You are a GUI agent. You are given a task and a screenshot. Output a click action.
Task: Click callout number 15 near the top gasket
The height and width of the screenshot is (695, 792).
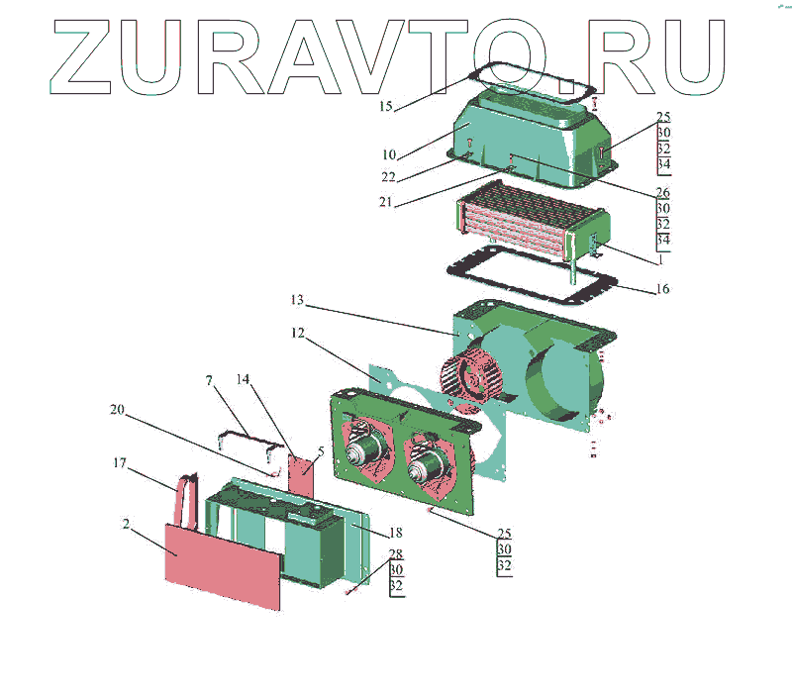pos(386,104)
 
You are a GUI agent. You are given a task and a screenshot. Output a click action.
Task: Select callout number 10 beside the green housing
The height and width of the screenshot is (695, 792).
pos(388,154)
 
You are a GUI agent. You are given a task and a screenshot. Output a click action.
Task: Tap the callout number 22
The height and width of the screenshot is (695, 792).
pos(388,176)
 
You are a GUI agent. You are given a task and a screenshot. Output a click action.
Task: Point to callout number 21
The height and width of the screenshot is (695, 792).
pos(388,203)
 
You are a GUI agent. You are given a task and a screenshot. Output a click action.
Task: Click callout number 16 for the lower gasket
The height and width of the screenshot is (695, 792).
pos(663,289)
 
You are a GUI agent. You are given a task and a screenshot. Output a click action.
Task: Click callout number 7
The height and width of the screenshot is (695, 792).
pos(209,380)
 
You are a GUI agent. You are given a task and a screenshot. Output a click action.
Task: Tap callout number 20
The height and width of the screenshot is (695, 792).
pos(118,409)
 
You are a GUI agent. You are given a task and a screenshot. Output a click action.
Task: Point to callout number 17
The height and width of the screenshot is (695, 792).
pos(120,461)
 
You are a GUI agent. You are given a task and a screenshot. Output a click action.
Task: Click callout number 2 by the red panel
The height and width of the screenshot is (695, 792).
pos(126,524)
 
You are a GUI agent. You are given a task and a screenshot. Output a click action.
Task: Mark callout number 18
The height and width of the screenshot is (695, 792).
pos(395,533)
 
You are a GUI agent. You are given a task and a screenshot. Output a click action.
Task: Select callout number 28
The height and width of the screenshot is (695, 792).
pos(395,553)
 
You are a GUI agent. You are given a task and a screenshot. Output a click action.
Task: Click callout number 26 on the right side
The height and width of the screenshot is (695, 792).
pos(663,192)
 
